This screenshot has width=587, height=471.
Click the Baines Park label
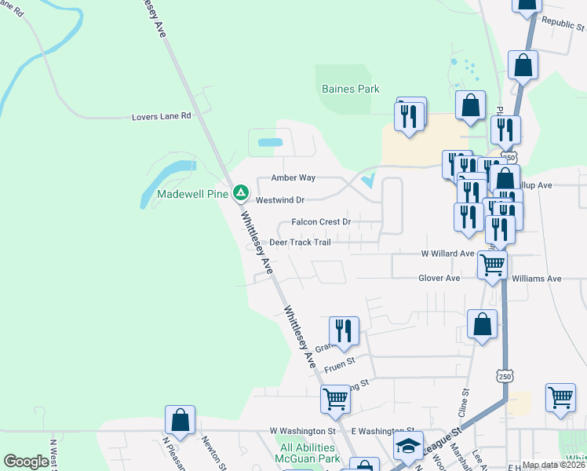[x=351, y=89]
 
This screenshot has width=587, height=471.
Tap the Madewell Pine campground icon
[x=241, y=192]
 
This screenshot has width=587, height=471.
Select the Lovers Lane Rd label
[x=161, y=116]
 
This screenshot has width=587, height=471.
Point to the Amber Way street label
[x=293, y=178]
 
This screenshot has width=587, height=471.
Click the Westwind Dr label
[x=279, y=200]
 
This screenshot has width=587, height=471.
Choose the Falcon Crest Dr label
[x=320, y=222]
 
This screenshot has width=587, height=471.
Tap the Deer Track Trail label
[x=300, y=243]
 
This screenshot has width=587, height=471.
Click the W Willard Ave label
[x=447, y=254]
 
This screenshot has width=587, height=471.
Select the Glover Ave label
[x=439, y=278]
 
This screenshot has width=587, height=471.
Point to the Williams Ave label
[x=536, y=279]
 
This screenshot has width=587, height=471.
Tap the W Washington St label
[x=302, y=431]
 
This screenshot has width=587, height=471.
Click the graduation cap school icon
[x=408, y=446]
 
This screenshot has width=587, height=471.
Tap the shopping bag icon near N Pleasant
[x=180, y=420]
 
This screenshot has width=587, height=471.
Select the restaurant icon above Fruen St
[x=344, y=330]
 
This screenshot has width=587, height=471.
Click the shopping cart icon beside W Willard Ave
[x=492, y=265]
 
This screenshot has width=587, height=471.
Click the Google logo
[x=27, y=462]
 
